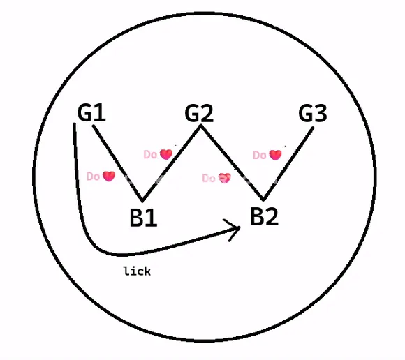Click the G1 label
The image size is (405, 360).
click(91, 112)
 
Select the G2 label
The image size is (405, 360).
click(199, 113)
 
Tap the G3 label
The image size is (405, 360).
click(313, 113)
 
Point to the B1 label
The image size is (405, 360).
click(143, 218)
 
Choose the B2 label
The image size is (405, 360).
click(265, 216)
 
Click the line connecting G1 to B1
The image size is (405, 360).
click(117, 163)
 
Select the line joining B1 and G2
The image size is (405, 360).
click(172, 163)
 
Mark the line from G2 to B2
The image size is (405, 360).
click(232, 163)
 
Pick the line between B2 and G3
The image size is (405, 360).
click(288, 164)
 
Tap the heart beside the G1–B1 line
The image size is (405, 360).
click(109, 177)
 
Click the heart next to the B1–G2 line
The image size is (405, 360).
click(166, 154)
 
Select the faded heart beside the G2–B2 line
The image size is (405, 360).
click(224, 178)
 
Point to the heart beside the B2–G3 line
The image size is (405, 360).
click(275, 155)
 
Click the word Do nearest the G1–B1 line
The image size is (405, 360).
click(93, 177)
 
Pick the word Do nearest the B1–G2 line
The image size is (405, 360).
click(150, 155)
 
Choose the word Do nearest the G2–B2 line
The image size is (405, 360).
click(209, 179)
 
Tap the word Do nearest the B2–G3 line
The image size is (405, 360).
click(260, 156)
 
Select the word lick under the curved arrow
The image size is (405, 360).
click(137, 271)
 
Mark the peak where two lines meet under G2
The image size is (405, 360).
click(200, 126)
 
